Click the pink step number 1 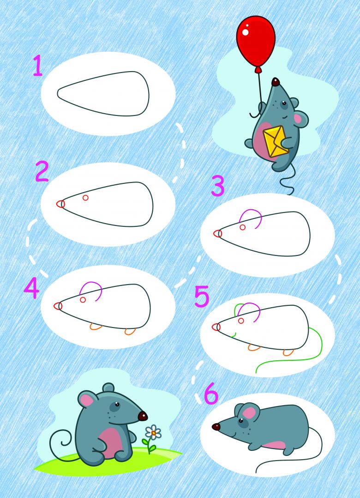pos(38,66)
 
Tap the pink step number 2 pos(42,171)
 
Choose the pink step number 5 pos(202,296)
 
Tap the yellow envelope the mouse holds pos(276,141)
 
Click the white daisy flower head pos(154,432)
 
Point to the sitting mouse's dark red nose pos(143,416)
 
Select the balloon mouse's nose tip pos(276,82)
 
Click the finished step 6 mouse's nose pos(216,427)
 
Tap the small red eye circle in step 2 pos(85,198)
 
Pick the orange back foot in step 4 pos(130,331)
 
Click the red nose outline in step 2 pos(60,204)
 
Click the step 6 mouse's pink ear pos(249,413)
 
